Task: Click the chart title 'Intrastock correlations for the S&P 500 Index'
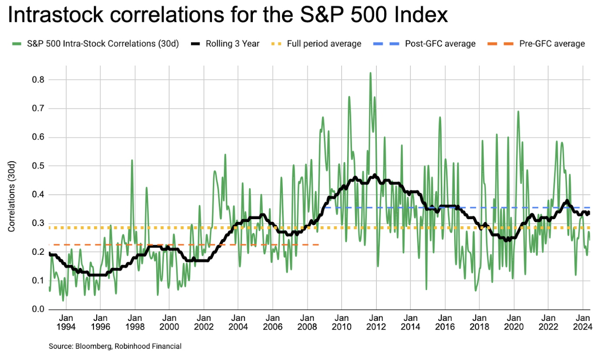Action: (x=228, y=16)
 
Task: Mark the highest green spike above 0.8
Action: (x=370, y=73)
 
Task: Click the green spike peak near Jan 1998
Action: (x=132, y=160)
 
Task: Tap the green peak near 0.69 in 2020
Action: (x=518, y=111)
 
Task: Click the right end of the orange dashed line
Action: (x=319, y=245)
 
